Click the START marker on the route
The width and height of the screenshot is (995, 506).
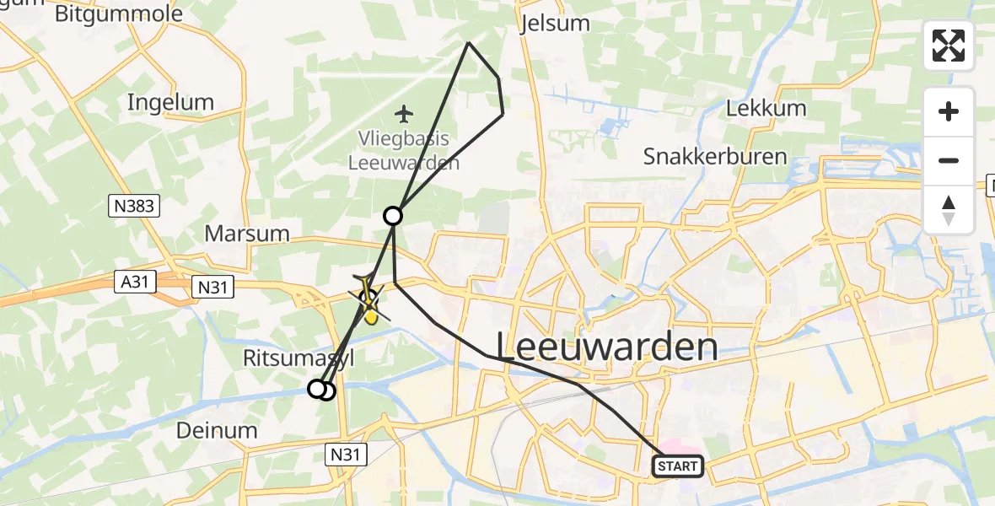click(x=677, y=466)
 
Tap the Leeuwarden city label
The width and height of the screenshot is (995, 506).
click(x=607, y=347)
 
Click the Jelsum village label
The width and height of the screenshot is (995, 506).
click(x=556, y=23)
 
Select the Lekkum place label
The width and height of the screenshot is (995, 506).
click(x=766, y=108)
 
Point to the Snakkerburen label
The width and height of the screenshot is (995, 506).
click(x=714, y=156)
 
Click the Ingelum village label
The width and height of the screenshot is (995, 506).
click(x=170, y=102)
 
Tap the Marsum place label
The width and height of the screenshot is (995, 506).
click(x=247, y=233)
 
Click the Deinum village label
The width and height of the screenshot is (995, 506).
click(x=217, y=430)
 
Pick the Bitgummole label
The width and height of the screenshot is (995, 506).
click(x=118, y=13)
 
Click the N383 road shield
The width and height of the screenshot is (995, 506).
click(x=135, y=205)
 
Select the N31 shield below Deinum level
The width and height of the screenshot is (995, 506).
click(x=347, y=455)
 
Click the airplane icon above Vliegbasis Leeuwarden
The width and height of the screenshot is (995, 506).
click(x=405, y=112)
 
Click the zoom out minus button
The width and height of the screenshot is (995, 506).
click(x=949, y=160)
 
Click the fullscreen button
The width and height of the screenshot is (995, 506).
click(x=949, y=46)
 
